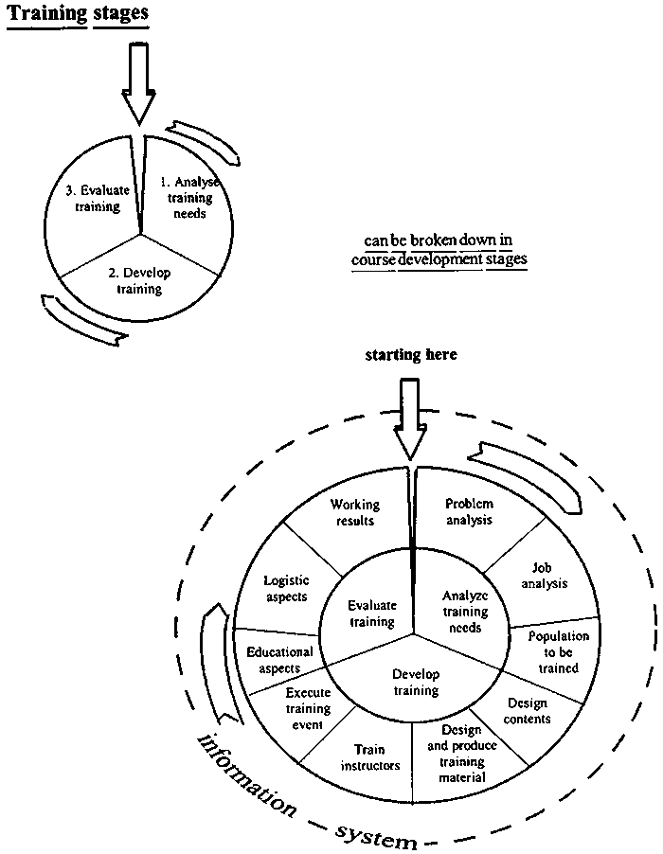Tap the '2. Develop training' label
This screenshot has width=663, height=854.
[139, 281]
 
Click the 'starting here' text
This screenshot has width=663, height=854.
[411, 354]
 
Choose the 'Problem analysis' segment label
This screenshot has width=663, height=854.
[470, 511]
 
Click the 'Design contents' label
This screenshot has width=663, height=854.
[528, 711]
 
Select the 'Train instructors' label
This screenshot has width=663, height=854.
[369, 757]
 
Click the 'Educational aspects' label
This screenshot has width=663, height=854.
[279, 660]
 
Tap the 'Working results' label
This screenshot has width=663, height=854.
[353, 512]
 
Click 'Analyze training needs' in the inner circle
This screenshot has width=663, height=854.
[464, 612]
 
